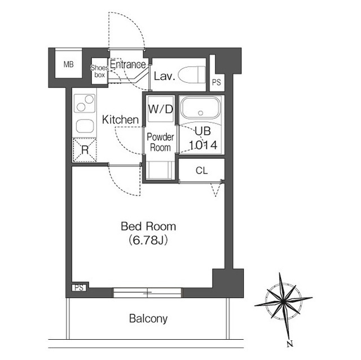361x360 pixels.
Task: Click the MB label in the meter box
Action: [69, 64]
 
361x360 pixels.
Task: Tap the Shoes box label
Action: [99, 71]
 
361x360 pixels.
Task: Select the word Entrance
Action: [128, 64]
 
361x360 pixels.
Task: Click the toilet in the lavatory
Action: [192, 75]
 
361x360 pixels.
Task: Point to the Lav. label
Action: [164, 76]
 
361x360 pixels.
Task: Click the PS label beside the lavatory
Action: [217, 82]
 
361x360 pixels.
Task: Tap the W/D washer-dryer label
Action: [160, 109]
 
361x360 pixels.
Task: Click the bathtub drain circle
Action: [201, 113]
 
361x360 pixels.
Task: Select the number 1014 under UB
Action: [203, 145]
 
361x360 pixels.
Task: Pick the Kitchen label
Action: [120, 120]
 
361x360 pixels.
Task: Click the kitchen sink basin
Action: [85, 126]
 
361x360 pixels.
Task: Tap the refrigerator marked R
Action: [85, 150]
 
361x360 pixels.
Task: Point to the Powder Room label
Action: [160, 143]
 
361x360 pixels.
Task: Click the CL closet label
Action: [202, 171]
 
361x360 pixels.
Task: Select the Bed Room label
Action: [148, 226]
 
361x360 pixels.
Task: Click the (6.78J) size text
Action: [148, 241]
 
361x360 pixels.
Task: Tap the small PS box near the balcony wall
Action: [79, 287]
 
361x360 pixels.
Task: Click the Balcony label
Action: [148, 319]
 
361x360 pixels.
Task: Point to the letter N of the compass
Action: [290, 344]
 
